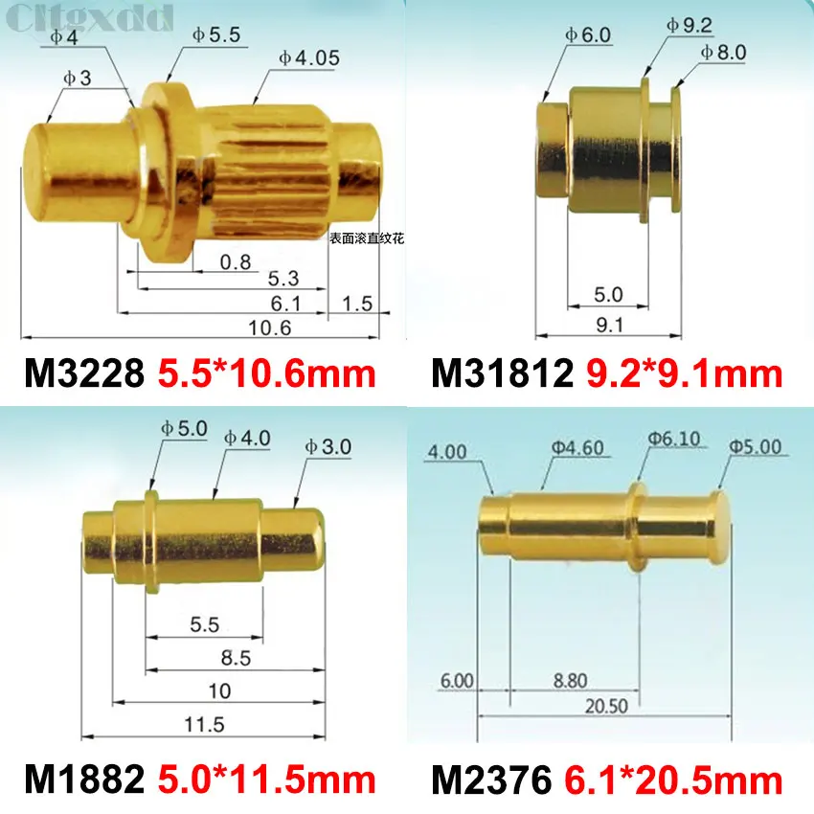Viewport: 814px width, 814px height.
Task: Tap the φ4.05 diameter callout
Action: coord(308,57)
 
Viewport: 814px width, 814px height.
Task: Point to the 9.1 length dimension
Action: coord(609,325)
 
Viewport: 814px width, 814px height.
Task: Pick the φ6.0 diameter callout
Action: coord(587,34)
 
